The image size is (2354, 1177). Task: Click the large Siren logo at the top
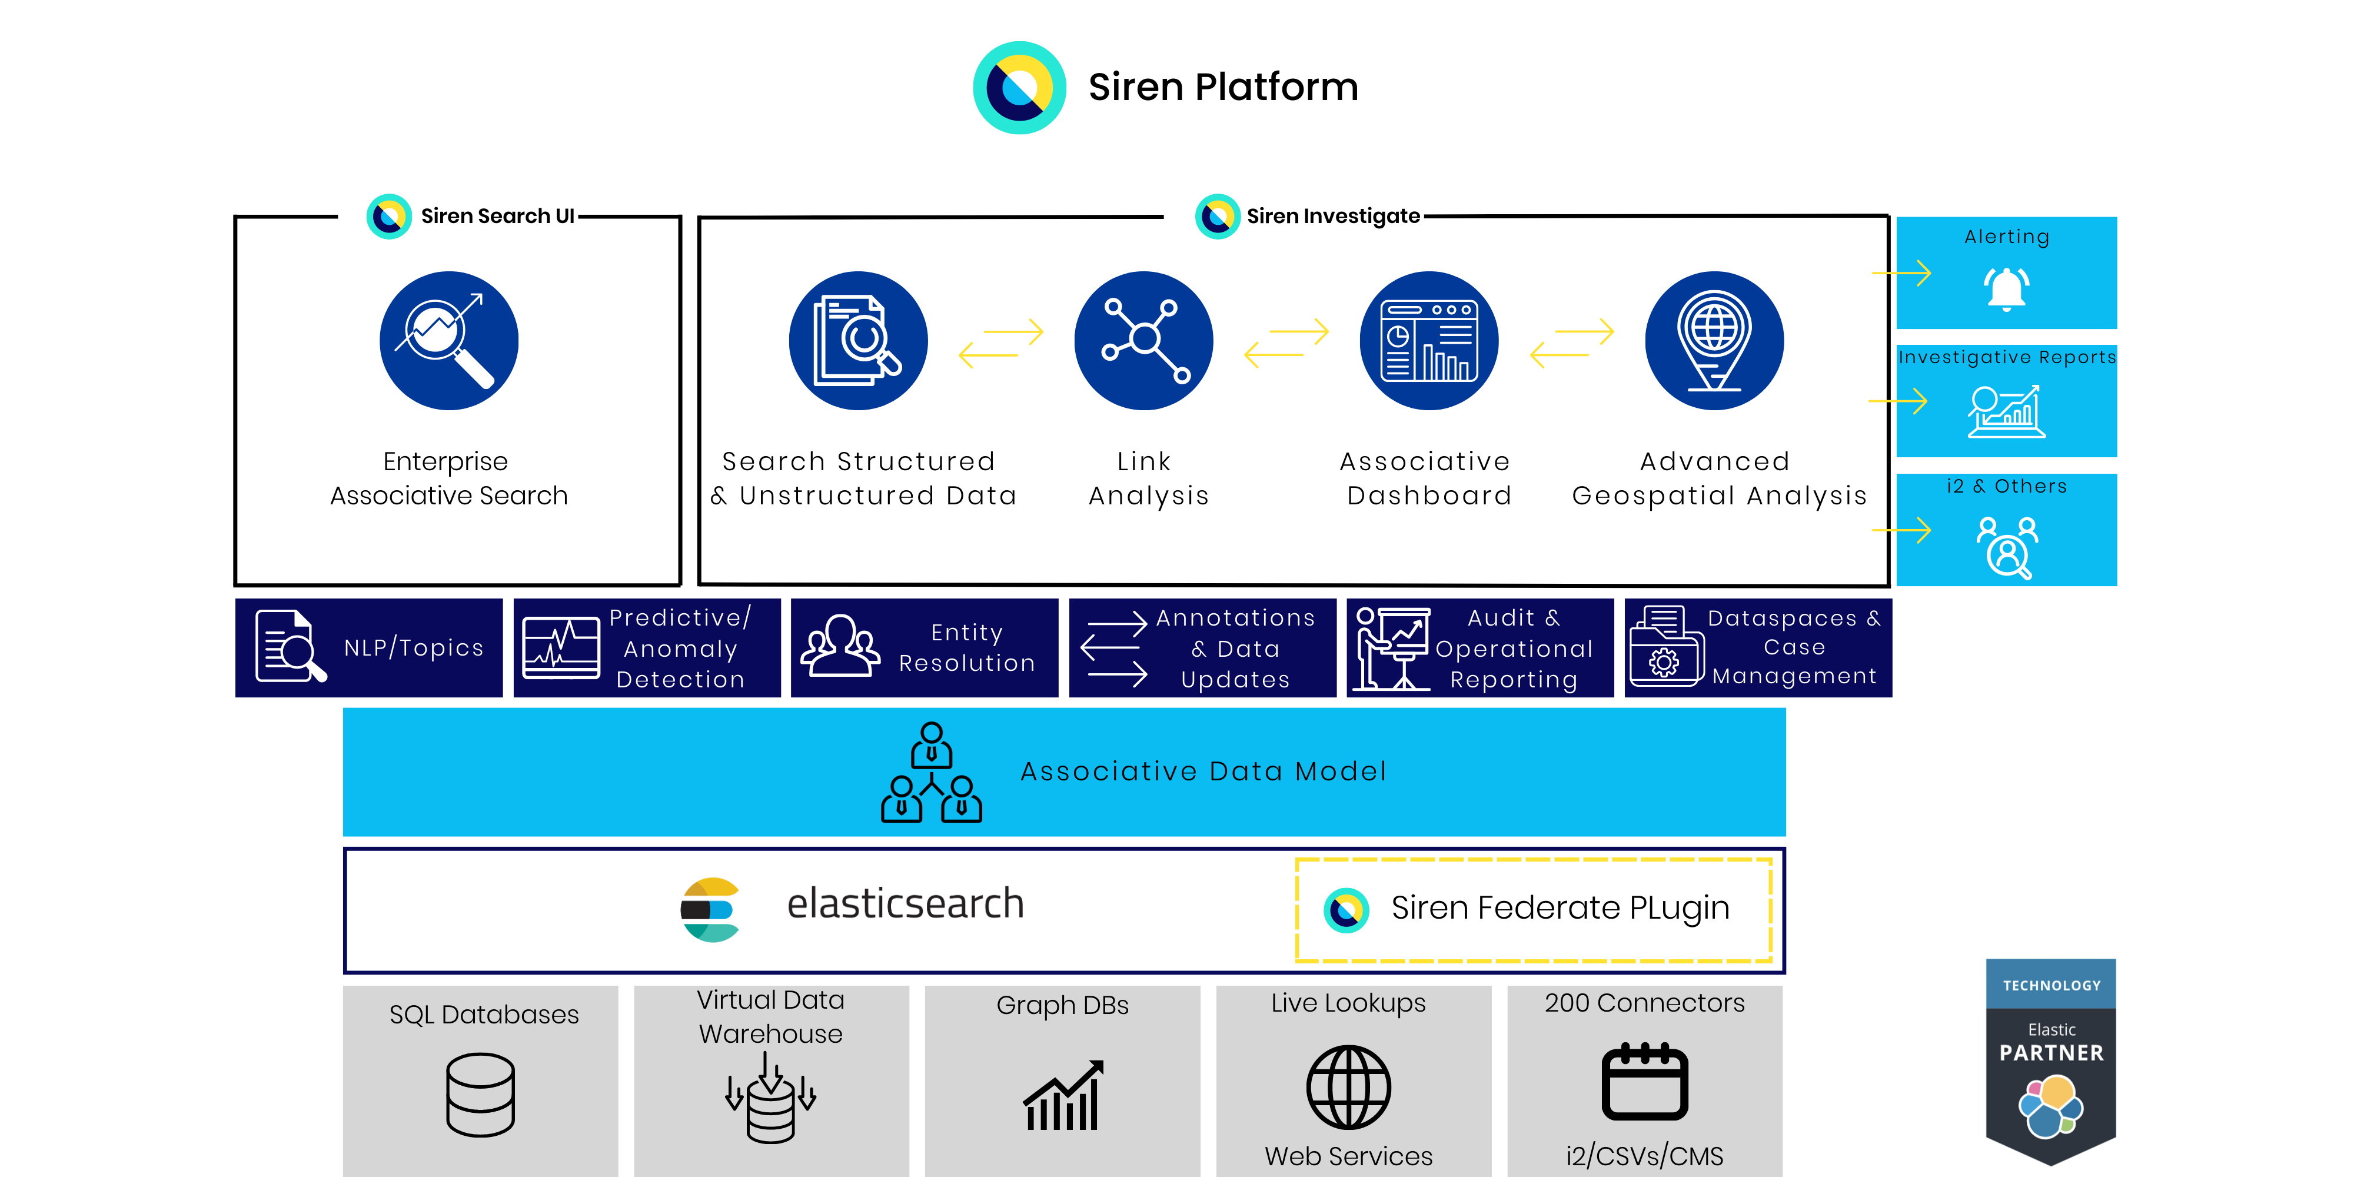[x=1019, y=88]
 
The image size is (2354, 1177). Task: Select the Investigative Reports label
[x=2007, y=357]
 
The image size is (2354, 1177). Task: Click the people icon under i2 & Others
[x=2007, y=547]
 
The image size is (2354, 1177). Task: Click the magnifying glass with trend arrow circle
[x=448, y=341]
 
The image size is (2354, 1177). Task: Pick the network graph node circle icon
[x=1144, y=341]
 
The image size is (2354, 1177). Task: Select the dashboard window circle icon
[x=1429, y=341]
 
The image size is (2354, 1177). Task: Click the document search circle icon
[x=858, y=341]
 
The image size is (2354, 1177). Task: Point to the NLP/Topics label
[x=413, y=648]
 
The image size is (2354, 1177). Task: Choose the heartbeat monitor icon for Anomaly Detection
[x=560, y=648]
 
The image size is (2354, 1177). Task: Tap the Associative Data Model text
[x=1202, y=772]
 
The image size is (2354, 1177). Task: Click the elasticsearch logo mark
[x=710, y=909]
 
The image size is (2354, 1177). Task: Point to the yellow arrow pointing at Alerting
[x=1901, y=273]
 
